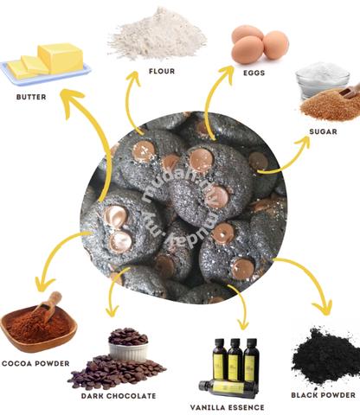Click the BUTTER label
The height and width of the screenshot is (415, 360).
(x=31, y=97)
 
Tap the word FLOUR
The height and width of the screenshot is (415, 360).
(x=162, y=71)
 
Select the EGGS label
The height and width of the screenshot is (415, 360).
(x=254, y=73)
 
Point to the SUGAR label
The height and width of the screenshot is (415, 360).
(x=323, y=131)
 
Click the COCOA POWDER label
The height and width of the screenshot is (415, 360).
(x=35, y=363)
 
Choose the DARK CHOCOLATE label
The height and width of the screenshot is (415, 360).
(x=119, y=396)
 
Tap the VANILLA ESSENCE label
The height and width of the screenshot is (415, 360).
(x=228, y=407)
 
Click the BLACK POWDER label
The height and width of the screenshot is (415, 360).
(x=324, y=395)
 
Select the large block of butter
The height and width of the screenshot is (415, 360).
(x=61, y=57)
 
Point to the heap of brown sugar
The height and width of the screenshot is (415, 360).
(x=331, y=106)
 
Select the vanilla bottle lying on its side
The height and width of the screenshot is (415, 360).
(x=228, y=388)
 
